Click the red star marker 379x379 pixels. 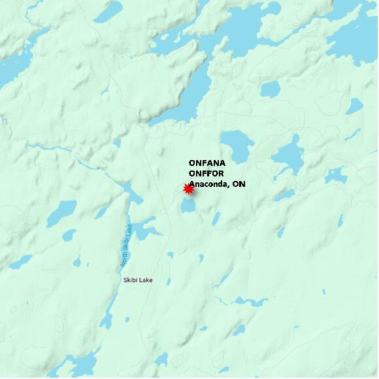tap(188, 189)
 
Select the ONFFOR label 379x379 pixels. tap(206, 173)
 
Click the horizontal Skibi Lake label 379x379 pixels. tap(137, 280)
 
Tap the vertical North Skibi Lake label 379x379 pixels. tap(125, 246)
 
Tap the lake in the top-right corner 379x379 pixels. tap(356, 36)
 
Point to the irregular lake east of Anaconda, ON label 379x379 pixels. tap(288, 156)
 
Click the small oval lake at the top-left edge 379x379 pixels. tap(108, 10)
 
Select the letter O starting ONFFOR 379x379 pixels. tap(192, 173)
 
